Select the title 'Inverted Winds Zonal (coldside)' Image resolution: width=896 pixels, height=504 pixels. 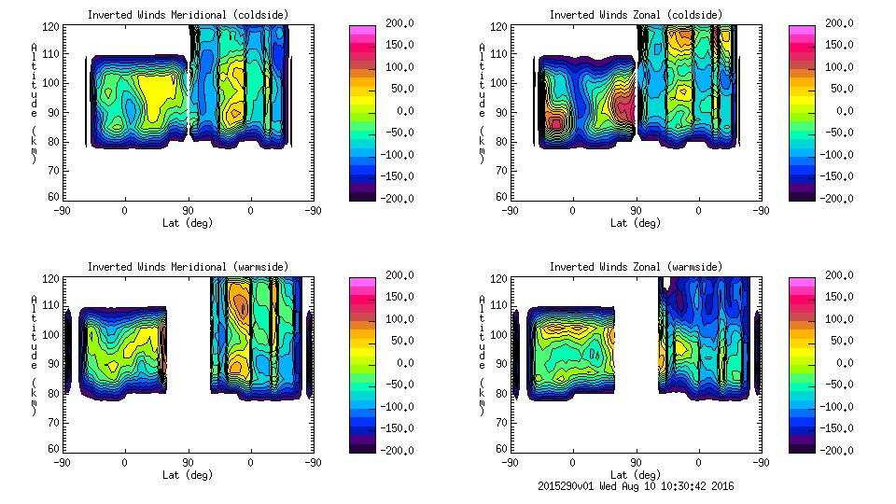635,15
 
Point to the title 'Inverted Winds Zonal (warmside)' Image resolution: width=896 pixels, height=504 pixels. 635,267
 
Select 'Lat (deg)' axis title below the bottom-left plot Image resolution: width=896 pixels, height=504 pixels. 188,475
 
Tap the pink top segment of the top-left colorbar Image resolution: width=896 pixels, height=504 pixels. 361,31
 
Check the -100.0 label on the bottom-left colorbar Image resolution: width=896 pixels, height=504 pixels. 393,407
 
